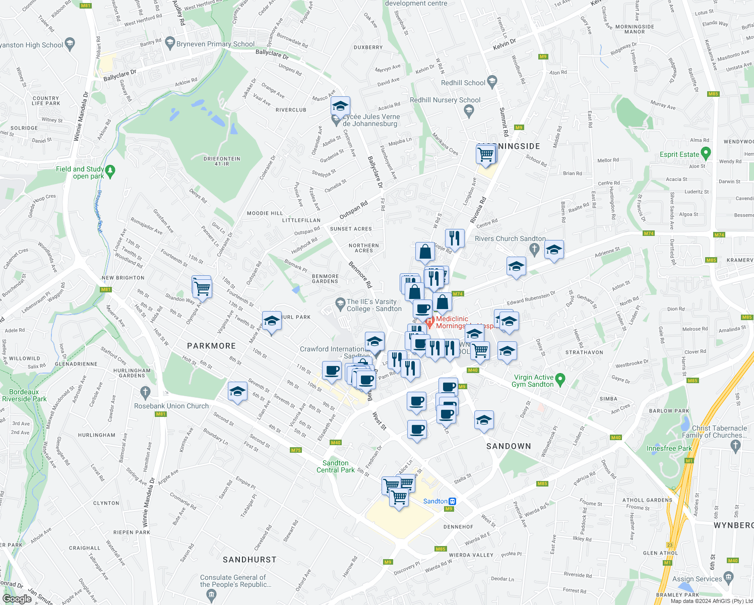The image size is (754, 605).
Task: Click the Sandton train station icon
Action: (453, 501)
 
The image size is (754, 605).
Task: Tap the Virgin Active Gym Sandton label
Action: (533, 381)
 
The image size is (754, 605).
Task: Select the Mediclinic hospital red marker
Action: (429, 321)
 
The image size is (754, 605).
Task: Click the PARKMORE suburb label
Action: (211, 346)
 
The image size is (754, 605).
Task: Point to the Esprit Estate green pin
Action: (706, 153)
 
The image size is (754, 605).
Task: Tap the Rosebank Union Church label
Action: (171, 406)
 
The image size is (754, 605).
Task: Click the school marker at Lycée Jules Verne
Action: (340, 106)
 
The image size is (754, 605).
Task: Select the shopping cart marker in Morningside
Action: (486, 154)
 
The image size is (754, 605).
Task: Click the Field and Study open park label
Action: (80, 172)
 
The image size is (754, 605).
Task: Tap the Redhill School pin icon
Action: (492, 81)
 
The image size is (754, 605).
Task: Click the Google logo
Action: (17, 598)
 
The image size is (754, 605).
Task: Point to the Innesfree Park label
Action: (669, 448)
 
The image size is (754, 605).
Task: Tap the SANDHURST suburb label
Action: (249, 560)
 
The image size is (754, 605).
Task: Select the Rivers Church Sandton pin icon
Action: (535, 249)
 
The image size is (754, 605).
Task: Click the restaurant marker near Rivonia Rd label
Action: (455, 237)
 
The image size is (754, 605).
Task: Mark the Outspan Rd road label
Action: (353, 210)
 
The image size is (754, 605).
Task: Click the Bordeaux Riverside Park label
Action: (24, 395)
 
